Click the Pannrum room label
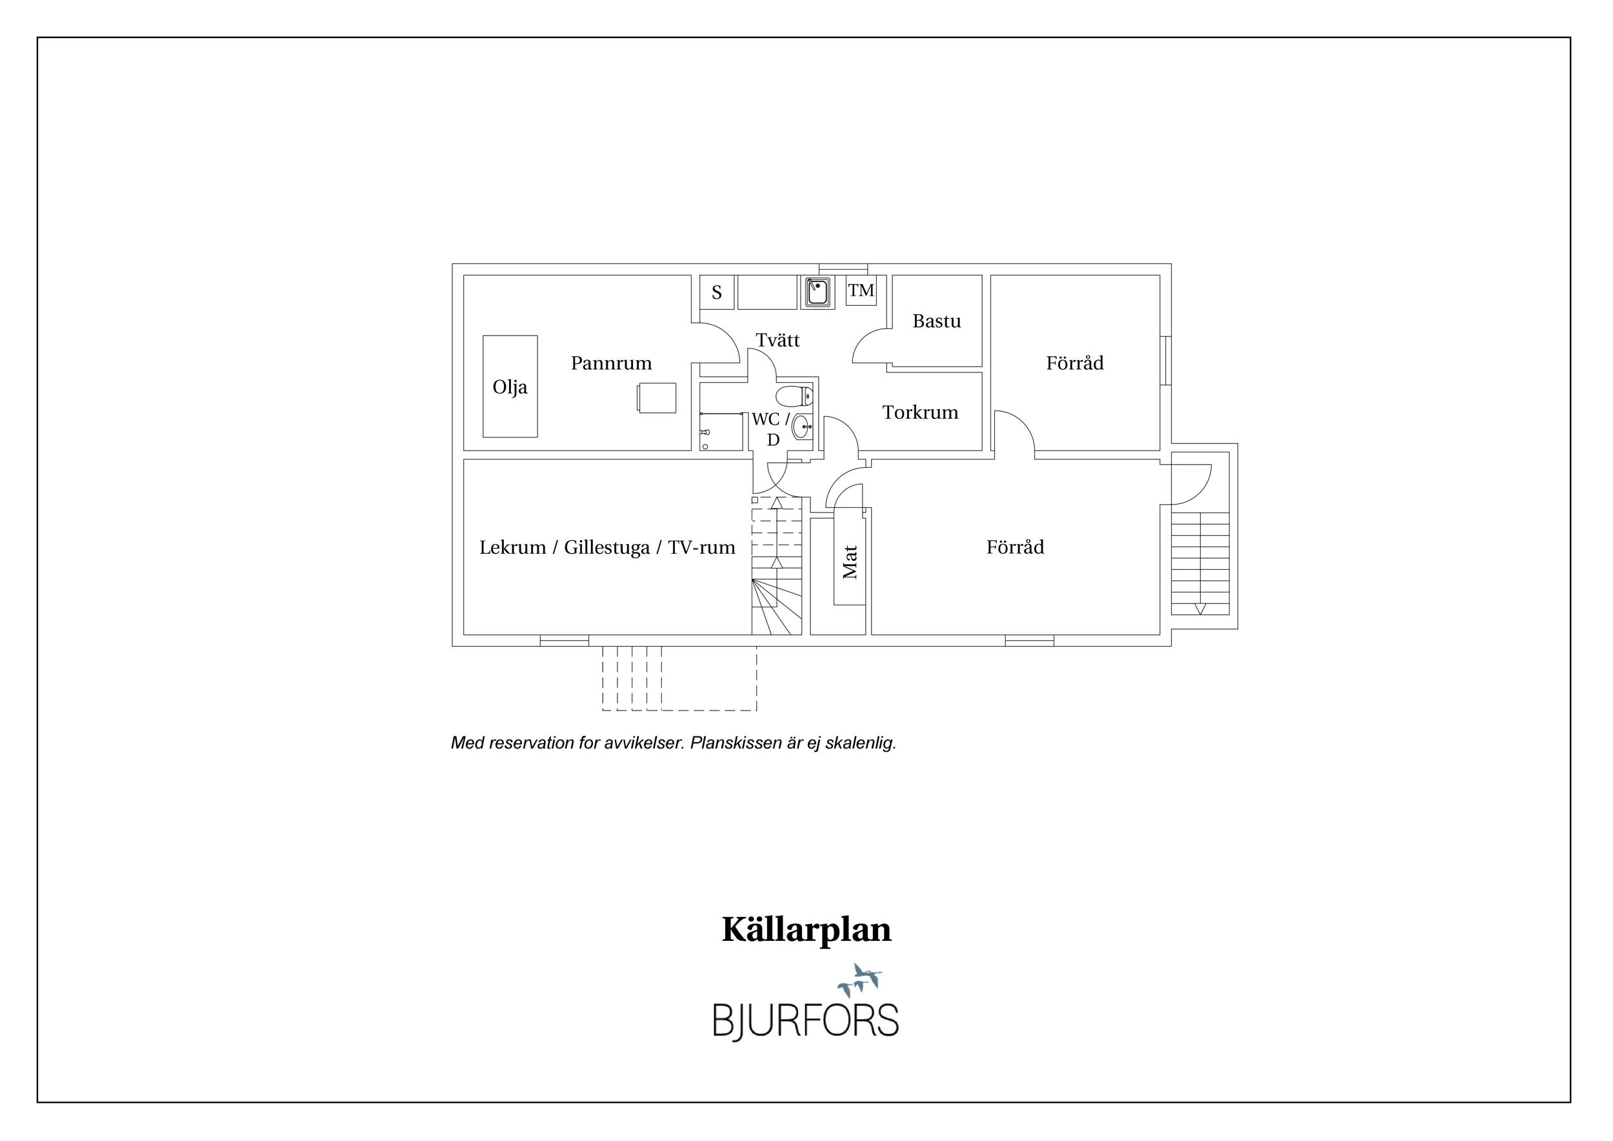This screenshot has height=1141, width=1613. tap(610, 363)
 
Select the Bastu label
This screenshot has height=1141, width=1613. tap(936, 321)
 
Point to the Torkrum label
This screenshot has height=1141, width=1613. tap(920, 412)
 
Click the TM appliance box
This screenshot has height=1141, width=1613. tap(861, 290)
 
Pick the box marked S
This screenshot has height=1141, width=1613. tap(717, 292)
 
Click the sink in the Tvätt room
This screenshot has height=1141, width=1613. tap(817, 292)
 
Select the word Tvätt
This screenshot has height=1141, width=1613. tap(777, 340)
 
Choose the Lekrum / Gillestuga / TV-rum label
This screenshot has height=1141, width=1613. tap(607, 547)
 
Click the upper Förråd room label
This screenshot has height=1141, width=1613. tap(1074, 363)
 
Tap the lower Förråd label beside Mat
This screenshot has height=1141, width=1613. tap(1014, 547)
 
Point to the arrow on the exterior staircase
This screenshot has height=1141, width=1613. tap(1200, 609)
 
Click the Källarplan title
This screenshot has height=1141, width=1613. tap(806, 929)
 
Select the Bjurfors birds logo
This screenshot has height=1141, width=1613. tap(860, 980)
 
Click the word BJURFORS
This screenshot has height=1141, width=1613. tap(806, 1021)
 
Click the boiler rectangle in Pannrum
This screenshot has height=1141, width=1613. tap(656, 398)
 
